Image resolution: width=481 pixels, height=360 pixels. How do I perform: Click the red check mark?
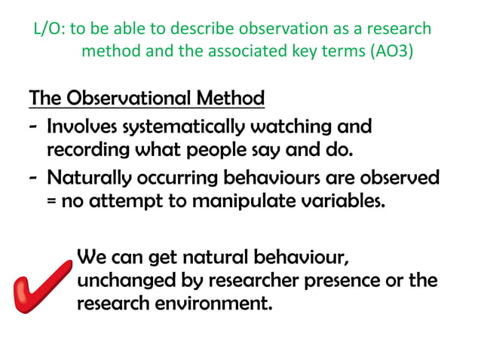pos(42,291)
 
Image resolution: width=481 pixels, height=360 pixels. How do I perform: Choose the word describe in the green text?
pos(201,29)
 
